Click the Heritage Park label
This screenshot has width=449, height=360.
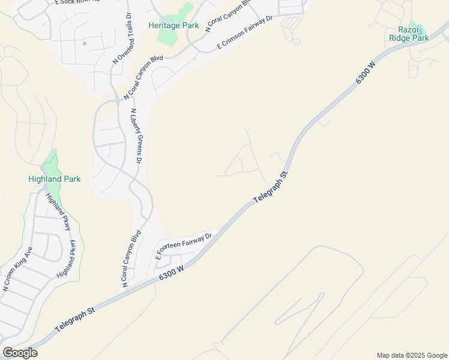(173, 26)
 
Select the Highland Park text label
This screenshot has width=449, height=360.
(54, 179)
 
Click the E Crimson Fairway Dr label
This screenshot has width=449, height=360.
(245, 32)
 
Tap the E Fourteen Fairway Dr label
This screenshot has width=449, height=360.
(184, 246)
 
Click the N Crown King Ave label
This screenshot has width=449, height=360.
(17, 268)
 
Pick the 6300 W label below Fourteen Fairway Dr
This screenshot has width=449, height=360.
(171, 272)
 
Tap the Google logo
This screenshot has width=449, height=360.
(20, 353)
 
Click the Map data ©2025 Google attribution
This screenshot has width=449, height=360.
(411, 355)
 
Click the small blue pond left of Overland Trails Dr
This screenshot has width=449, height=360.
(84, 43)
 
